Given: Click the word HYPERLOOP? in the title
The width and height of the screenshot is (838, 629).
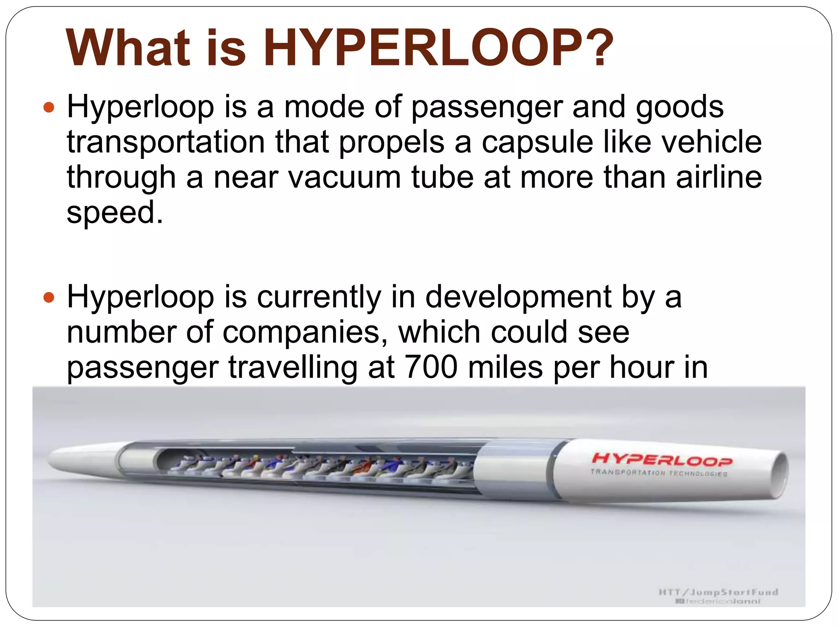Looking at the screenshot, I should [x=438, y=48].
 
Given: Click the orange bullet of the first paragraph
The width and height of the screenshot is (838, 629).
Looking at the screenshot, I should [x=49, y=108].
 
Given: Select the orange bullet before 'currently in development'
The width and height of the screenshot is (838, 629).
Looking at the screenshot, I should [x=49, y=297].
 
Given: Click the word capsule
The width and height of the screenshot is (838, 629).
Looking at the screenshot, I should [x=537, y=143].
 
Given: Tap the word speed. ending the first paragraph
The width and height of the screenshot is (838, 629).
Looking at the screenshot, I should [x=115, y=213].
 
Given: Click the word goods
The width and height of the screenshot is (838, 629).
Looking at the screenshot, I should [x=680, y=108].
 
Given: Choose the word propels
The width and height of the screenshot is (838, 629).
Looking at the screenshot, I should [x=392, y=143].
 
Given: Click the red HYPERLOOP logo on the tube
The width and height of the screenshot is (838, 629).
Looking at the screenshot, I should [x=662, y=459].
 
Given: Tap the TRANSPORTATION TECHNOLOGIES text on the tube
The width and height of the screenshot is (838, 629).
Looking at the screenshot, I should [x=658, y=473].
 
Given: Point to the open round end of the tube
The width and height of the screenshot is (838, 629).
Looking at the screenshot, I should [x=779, y=476].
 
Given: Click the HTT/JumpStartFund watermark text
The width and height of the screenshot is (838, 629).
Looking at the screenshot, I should [x=718, y=592].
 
